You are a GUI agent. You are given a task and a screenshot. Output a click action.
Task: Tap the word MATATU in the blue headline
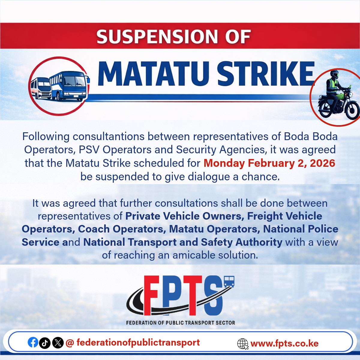tap(153, 73)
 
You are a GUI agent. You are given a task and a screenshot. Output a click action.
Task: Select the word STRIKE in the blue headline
tap(265, 73)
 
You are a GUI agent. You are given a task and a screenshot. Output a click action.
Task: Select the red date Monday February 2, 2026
tap(269, 163)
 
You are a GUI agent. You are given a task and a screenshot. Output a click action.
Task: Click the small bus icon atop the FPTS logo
tap(229, 281)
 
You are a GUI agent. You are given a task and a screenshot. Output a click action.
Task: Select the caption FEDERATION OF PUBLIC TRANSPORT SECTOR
tap(180, 323)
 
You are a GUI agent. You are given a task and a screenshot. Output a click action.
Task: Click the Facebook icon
tap(33, 343)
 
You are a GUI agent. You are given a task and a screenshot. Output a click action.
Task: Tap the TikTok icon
tap(45, 343)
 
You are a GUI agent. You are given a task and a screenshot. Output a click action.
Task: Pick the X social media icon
tap(58, 343)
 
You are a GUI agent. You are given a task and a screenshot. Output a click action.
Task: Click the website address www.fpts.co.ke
tap(284, 343)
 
